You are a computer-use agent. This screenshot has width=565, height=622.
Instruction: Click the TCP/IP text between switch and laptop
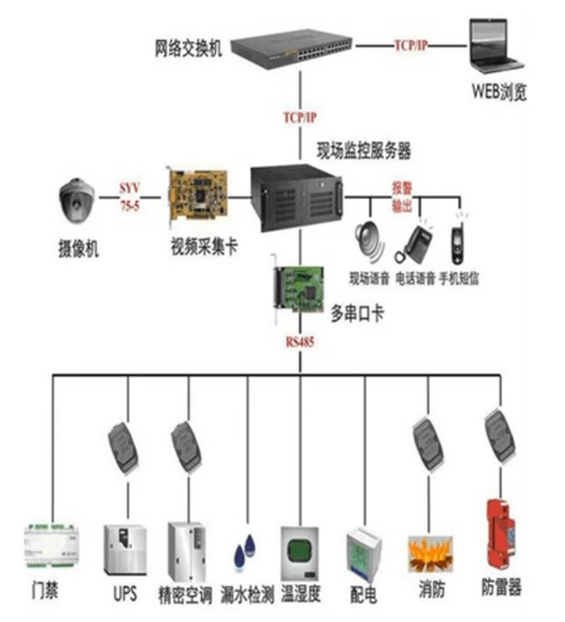pos(410,46)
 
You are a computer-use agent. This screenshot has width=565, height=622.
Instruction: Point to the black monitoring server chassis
pos(297,197)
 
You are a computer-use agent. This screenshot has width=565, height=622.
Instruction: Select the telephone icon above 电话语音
pos(416,244)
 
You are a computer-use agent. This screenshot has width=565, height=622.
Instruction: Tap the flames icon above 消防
pos(430,553)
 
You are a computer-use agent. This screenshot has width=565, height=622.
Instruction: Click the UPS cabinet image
pos(125,548)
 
